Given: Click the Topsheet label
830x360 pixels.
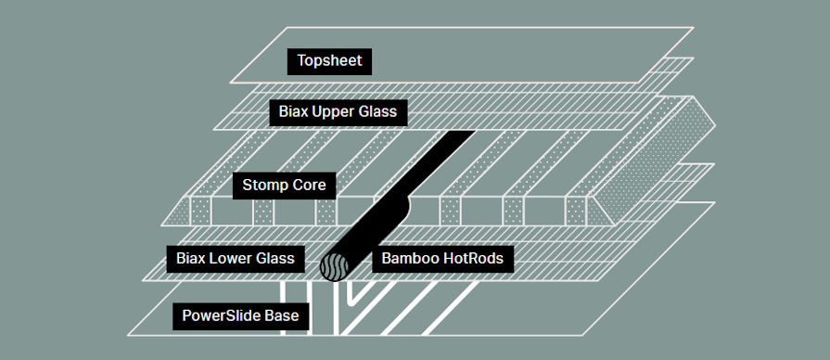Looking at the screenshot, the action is point(329,61).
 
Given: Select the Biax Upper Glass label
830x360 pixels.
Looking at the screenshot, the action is point(338,112).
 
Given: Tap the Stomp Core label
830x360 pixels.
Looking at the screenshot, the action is point(284,186).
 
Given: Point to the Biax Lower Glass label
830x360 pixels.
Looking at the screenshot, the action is point(235,259).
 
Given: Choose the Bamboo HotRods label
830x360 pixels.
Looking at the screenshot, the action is point(442,259).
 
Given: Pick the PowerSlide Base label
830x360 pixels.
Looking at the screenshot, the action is point(240,316).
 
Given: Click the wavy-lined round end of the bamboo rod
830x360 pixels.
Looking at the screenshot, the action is point(335,266).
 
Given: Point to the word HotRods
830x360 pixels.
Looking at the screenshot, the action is point(474,259).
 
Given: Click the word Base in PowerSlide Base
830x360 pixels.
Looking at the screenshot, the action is point(283,316).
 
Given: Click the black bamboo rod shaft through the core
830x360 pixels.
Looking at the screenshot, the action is point(402,196).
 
